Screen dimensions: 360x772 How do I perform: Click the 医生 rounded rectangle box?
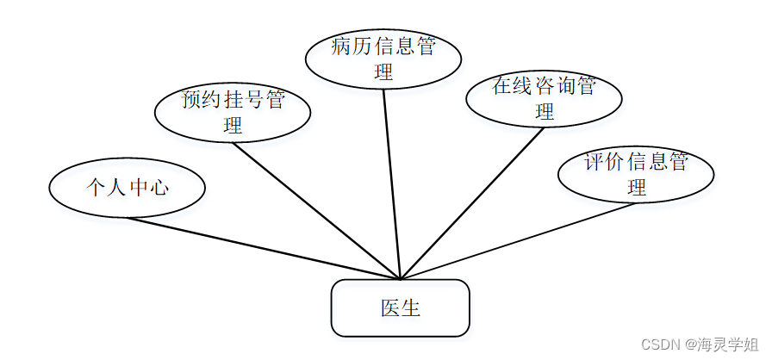coord(400,307)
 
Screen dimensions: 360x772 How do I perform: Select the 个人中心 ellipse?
coord(127,187)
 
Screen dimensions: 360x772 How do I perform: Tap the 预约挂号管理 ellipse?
coord(232,112)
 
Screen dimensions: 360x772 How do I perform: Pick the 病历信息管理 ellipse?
coord(383,58)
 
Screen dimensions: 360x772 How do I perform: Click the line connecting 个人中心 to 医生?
coord(263,248)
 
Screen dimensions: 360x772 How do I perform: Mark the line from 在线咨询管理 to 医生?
coord(472,203)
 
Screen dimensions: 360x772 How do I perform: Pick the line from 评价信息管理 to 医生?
coord(517,241)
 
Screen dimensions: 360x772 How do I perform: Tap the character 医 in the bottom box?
coord(389,307)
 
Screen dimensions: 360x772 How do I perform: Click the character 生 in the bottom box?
coord(411,307)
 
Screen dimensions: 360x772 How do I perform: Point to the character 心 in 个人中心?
coord(157,187)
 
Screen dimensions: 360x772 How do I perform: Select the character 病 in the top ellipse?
coord(341,47)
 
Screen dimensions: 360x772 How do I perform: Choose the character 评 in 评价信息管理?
coord(594,162)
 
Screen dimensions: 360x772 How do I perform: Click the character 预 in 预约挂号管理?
coord(190,100)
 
